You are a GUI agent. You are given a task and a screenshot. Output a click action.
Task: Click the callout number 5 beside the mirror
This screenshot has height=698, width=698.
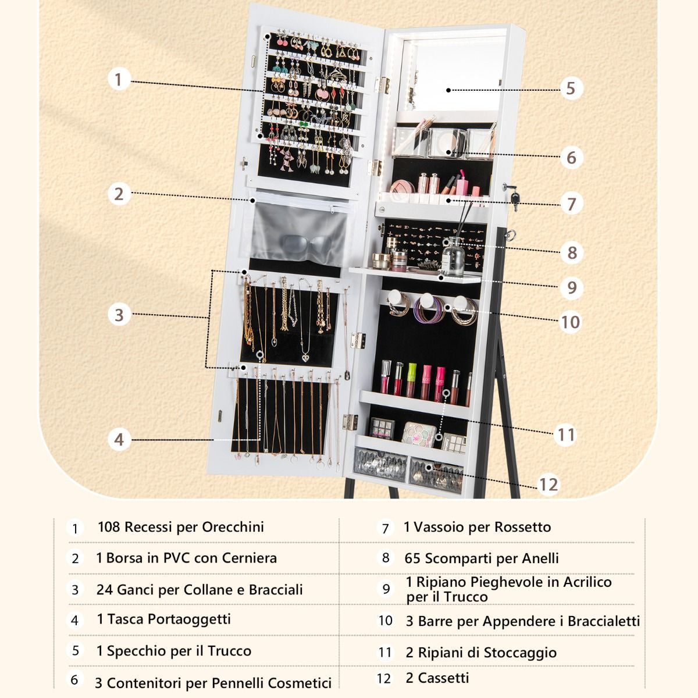point(571,88)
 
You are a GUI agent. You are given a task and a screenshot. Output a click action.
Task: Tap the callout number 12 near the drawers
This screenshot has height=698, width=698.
point(549,485)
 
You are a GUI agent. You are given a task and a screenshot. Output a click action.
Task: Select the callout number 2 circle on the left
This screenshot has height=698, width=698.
point(119,194)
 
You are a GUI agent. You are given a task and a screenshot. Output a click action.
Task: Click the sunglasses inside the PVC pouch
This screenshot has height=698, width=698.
point(307,244)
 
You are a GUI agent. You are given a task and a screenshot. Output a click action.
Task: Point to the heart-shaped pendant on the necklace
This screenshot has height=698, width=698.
point(306,358)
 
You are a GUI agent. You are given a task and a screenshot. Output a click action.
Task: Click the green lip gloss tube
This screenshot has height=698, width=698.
point(411,379)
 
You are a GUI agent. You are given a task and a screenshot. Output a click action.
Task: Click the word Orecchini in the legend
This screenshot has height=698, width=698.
point(233,527)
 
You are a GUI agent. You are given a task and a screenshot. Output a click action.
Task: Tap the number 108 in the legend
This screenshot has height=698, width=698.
point(109,527)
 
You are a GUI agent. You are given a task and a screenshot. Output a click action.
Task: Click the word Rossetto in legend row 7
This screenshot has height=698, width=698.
point(523,527)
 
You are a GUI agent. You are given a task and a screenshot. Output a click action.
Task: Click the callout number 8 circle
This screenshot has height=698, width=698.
point(572,253)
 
